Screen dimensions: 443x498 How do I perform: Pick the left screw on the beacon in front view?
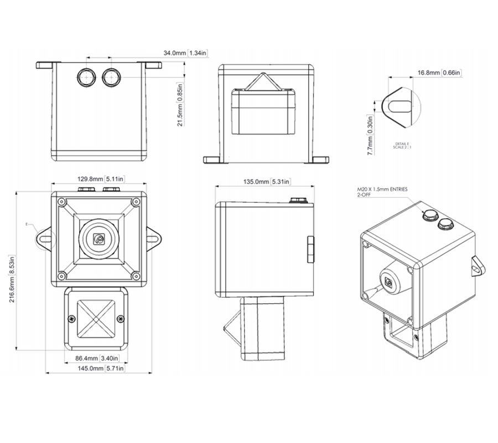(x=72, y=318)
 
